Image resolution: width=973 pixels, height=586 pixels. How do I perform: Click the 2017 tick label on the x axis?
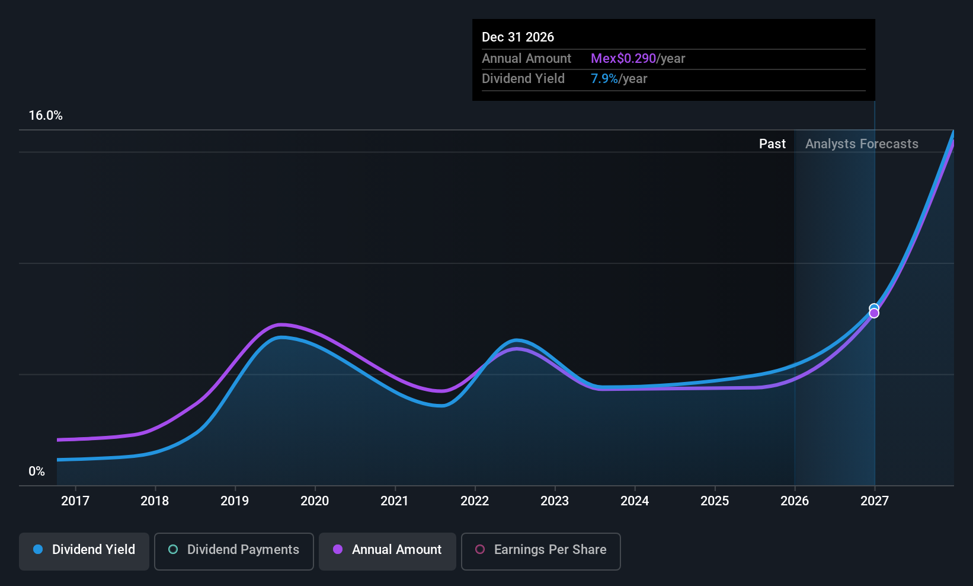[x=75, y=501]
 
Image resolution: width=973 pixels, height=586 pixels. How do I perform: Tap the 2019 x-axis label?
[x=235, y=501]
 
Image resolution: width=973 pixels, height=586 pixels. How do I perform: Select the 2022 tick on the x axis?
[x=475, y=501]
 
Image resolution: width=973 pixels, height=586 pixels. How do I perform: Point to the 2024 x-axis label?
[x=635, y=501]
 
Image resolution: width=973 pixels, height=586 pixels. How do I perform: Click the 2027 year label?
[x=875, y=501]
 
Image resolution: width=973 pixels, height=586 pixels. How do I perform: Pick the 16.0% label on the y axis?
[x=46, y=116]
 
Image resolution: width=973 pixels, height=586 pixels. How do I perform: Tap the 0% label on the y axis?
[x=37, y=472]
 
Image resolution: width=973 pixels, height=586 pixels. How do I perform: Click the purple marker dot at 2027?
[x=874, y=314]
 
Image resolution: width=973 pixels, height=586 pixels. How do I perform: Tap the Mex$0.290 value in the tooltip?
[x=623, y=59]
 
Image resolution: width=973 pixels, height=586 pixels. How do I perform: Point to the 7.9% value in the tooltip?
[x=604, y=79]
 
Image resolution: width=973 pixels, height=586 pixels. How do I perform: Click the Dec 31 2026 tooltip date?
[x=518, y=37]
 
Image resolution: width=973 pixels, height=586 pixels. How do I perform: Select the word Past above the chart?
[x=772, y=144]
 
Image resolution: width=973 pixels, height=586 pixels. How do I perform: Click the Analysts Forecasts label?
[x=862, y=144]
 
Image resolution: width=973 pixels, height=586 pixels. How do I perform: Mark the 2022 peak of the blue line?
[x=517, y=340]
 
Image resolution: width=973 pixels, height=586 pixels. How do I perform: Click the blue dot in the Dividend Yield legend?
[x=38, y=550]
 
